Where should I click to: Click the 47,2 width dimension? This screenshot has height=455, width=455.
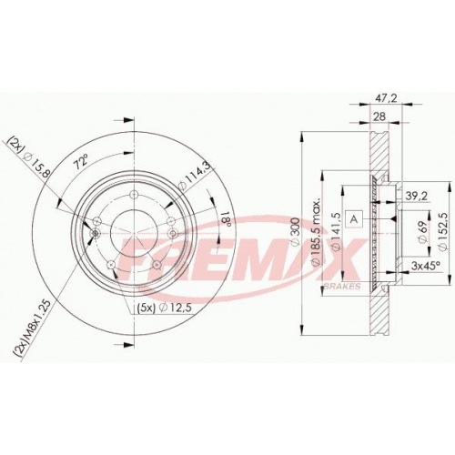386,98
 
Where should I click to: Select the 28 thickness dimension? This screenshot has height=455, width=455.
379,116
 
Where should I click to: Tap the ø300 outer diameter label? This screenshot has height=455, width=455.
295,232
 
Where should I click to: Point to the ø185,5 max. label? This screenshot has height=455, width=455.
316,233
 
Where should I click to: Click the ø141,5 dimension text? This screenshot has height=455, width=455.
337,232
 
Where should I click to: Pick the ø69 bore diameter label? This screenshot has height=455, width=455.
422,231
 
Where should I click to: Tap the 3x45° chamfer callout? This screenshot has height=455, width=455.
426,266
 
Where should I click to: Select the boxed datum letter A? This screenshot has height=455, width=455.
355,219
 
